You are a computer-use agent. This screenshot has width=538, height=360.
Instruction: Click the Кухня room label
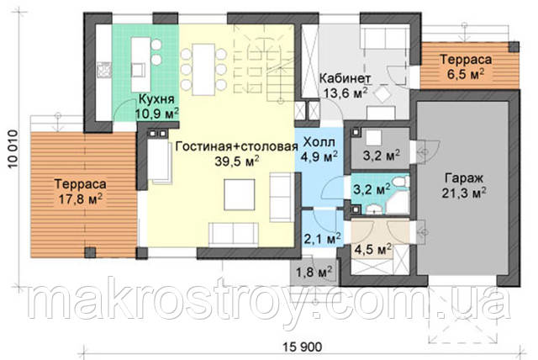tap(156, 99)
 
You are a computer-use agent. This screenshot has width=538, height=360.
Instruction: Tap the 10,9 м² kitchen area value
tap(157, 114)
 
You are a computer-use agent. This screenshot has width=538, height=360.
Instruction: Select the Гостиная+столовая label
tap(236, 146)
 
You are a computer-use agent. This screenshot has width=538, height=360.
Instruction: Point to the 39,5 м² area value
tap(237, 161)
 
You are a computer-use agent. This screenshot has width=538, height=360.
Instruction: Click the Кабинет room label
tap(345, 78)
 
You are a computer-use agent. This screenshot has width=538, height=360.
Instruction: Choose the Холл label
tap(319, 142)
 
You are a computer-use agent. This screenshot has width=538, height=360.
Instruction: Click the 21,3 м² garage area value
tap(464, 193)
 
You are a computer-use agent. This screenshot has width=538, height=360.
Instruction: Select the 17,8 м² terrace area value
tap(81, 199)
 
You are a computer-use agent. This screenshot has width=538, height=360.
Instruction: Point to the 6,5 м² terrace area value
tap(466, 74)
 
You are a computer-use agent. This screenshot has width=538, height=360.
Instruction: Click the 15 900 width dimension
tap(303, 347)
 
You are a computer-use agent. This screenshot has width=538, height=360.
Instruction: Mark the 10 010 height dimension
tap(13, 149)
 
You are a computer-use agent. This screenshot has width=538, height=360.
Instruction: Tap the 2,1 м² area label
tap(322, 238)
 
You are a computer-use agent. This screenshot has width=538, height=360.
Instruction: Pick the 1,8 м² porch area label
tap(314, 273)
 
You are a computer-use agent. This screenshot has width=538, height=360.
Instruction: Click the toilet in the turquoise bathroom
tap(400, 182)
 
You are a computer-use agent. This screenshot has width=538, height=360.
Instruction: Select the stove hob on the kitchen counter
tap(104, 71)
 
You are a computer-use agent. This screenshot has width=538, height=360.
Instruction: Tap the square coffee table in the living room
tap(240, 194)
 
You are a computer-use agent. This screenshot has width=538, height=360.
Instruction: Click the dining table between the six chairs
tap(203, 69)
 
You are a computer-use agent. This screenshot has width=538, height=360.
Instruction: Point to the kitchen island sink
tap(139, 71)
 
